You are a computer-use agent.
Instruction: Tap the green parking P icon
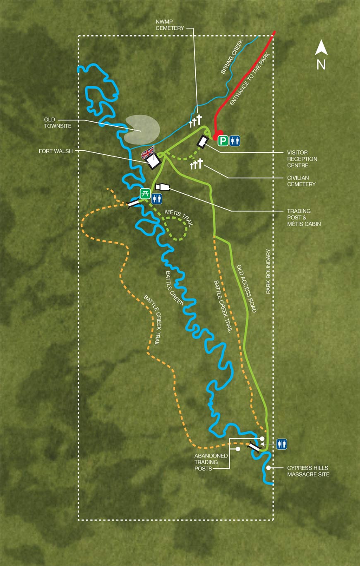[x=223, y=141]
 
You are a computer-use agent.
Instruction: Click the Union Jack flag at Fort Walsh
[x=148, y=152]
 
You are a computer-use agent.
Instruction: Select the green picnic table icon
[x=145, y=193]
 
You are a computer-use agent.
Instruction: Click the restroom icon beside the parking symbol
[x=235, y=141]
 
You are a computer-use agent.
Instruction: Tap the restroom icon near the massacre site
[x=281, y=444]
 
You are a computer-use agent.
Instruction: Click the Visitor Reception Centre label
[x=302, y=159]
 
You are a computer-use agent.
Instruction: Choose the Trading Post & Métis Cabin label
[x=304, y=217]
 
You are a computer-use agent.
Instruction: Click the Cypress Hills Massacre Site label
[x=308, y=471]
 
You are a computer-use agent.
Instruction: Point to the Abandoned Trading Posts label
[x=211, y=462]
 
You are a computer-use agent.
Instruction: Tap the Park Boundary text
[x=268, y=271]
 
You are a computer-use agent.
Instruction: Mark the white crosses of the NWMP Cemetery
[x=195, y=121]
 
